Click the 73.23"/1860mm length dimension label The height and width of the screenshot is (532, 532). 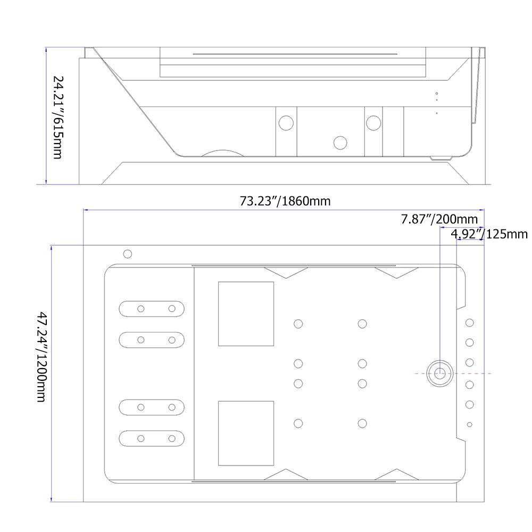(x=285, y=201)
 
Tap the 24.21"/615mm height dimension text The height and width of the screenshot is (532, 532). (x=58, y=118)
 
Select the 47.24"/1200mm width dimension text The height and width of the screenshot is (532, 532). (x=41, y=357)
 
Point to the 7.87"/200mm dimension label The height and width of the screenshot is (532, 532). (x=439, y=219)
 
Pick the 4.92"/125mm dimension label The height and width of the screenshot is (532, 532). (x=489, y=234)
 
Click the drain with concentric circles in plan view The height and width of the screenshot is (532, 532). (x=440, y=373)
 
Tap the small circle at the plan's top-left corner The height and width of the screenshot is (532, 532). (x=128, y=254)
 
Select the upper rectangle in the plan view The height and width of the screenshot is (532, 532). (x=246, y=314)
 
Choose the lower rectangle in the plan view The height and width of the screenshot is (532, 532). (x=246, y=433)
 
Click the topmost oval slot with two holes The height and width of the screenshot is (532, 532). (x=152, y=309)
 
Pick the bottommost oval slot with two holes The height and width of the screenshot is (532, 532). (x=152, y=438)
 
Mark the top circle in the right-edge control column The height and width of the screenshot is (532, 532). (x=470, y=323)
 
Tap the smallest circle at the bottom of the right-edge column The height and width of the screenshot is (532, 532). (x=470, y=425)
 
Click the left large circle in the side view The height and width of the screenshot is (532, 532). (x=286, y=123)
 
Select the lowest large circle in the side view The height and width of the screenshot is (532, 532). (x=340, y=143)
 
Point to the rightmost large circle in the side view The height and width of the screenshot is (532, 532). (x=373, y=123)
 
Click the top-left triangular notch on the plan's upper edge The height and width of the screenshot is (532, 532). (x=286, y=273)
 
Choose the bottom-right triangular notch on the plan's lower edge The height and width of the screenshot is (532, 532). (x=397, y=475)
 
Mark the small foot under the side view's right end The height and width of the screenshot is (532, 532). (x=440, y=158)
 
